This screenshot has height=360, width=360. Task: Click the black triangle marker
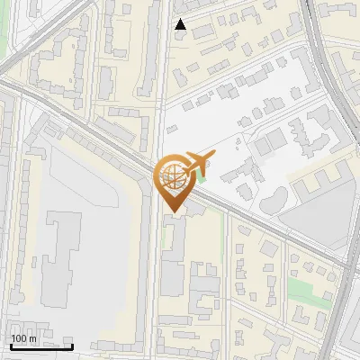tap(181, 24)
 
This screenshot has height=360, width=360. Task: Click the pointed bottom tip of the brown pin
tap(171, 212)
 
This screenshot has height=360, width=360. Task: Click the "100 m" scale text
tap(23, 338)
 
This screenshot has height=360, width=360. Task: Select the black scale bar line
tap(41, 346)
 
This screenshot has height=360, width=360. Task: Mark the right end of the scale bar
tap(73, 346)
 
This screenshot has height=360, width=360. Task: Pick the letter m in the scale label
tap(32, 338)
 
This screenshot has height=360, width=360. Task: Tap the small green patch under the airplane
tap(202, 178)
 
